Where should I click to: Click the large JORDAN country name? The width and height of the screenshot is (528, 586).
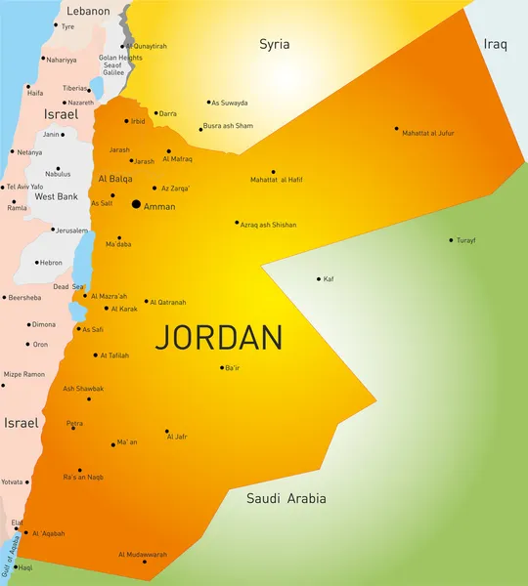pos(219,338)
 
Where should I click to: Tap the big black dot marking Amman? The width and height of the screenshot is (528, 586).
pos(135,204)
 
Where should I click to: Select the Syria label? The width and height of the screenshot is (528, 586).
pos(274,44)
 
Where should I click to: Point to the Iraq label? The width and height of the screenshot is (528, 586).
pos(495,45)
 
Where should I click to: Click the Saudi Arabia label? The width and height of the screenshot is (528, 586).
pos(286,499)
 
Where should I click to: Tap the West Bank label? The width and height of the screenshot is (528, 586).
pos(57,196)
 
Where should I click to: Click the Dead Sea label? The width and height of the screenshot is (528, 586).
pos(68,287)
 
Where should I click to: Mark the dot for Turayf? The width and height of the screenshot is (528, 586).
pos(451,240)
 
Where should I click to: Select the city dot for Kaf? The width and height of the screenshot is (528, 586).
pos(319,279)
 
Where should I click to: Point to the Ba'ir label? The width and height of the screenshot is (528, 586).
pos(232,368)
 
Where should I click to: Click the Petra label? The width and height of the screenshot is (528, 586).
pos(74,424)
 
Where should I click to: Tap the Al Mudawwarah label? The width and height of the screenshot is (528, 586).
pos(143,554)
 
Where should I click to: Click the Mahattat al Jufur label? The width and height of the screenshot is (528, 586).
pos(428,133)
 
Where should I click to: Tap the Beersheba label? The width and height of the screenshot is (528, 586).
pos(24,297)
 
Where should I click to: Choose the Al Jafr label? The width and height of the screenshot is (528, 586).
pos(176,438)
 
